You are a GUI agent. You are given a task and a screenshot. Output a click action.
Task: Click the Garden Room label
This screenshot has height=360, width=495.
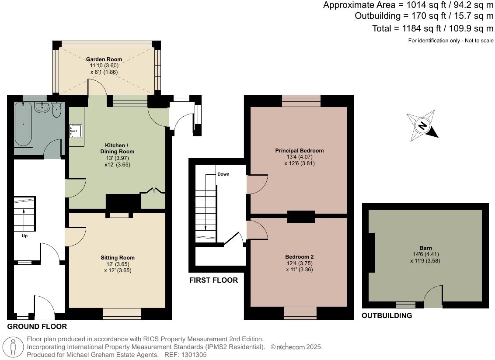pos(104,59)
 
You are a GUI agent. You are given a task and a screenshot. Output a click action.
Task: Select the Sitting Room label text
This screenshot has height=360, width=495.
pos(118,258)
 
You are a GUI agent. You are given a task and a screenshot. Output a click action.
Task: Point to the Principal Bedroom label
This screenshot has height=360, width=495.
pos(299,151)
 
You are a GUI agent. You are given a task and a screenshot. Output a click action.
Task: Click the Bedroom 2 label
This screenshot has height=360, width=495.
pos(299,257)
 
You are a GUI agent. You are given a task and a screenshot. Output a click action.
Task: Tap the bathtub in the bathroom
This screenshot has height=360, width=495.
pos(23,124)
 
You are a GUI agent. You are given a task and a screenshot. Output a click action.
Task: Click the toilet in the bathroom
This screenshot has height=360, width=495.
pos(57,111)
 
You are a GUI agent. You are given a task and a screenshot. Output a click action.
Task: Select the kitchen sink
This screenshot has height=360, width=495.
pos(76,130)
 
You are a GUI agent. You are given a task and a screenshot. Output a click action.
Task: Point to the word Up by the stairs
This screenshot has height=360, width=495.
pos(24,236)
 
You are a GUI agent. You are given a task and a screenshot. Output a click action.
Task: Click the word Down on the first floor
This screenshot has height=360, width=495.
pos(223,174)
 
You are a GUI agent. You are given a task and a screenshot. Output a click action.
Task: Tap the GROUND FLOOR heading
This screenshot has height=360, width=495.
pos(37,327)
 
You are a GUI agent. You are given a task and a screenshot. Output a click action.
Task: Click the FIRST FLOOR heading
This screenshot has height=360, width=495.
pos(213,280)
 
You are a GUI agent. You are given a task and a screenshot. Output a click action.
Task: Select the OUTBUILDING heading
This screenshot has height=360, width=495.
pos(387,315)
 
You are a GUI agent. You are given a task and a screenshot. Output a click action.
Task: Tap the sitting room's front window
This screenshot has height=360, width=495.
pos(122,313)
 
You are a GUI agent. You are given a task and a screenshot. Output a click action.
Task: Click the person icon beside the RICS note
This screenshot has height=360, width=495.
pos(16,347)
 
